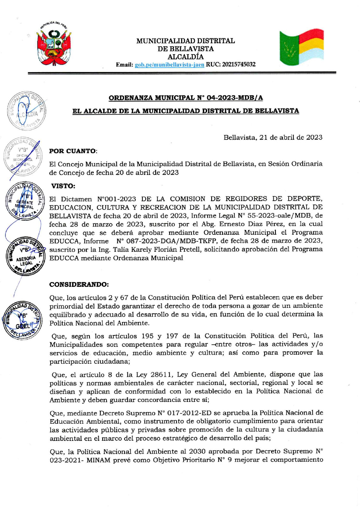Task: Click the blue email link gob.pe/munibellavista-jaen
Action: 169,64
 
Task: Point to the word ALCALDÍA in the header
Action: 185,57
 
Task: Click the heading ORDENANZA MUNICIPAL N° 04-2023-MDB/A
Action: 185,98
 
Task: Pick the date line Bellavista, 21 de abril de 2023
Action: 273,137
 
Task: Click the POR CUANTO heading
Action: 73,151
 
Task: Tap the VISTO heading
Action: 63,186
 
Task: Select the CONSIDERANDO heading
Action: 79,284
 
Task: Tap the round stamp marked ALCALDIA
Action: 26,111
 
